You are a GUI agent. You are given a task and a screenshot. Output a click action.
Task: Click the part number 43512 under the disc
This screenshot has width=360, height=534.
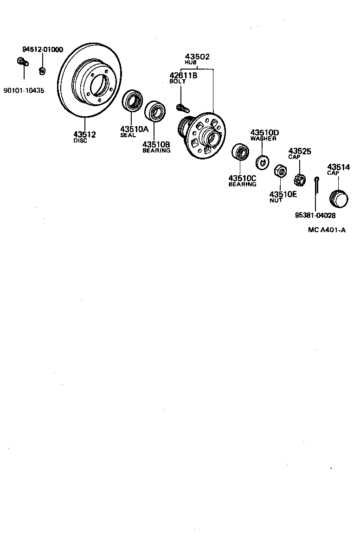[85, 134]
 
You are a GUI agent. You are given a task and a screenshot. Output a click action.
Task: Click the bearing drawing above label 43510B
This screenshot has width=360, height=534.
[155, 111]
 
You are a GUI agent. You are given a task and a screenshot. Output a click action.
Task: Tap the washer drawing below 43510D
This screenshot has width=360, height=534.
[262, 162]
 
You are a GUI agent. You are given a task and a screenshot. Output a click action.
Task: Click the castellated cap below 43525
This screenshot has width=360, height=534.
[300, 178]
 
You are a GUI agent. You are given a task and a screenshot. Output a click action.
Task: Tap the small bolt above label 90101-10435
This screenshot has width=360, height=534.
[21, 61]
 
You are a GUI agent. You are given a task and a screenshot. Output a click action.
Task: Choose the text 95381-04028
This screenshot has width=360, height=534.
[315, 215]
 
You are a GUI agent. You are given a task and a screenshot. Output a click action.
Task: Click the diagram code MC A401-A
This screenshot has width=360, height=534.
[327, 229]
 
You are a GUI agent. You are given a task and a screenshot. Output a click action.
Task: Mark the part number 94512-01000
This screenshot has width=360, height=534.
[43, 50]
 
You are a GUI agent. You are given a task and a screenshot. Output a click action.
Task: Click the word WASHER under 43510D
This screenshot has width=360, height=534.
[263, 139]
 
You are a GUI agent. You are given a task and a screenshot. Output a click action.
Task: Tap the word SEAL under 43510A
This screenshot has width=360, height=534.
[128, 135]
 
